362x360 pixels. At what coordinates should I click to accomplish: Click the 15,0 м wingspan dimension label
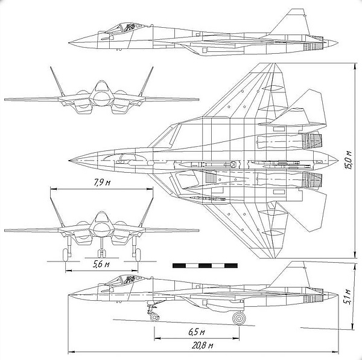[349, 160]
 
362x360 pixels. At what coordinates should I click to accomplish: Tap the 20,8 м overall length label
[203, 346]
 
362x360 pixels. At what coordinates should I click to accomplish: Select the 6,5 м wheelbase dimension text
[197, 332]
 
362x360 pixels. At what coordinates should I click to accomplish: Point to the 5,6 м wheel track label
[101, 264]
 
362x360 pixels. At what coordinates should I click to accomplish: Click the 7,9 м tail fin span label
[102, 182]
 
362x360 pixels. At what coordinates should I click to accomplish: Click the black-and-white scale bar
[205, 266]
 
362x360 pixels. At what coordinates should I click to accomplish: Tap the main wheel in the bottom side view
[239, 318]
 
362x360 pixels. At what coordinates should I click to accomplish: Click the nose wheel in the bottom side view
[154, 317]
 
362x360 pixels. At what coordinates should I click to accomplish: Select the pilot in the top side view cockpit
[129, 27]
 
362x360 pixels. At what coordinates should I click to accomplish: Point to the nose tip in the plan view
[69, 160]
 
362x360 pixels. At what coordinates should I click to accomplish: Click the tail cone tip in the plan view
[337, 160]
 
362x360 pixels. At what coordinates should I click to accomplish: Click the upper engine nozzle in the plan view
[312, 141]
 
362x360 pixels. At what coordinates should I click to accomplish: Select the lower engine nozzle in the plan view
[312, 180]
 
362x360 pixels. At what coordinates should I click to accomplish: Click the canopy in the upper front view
[101, 86]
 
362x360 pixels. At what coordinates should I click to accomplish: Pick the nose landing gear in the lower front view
[101, 248]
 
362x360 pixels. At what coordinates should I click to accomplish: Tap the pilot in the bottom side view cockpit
[129, 279]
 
